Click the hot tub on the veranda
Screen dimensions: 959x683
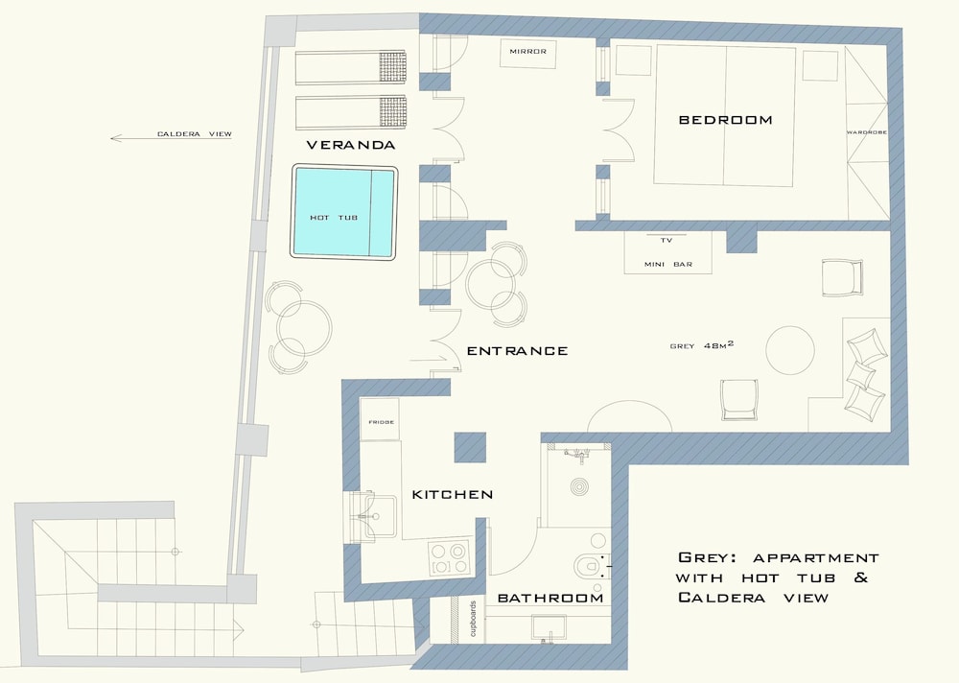[344, 212]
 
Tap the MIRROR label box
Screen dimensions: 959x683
[527, 54]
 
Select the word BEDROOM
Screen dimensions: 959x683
[725, 120]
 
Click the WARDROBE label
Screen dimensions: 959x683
[866, 132]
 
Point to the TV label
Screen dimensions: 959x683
[667, 241]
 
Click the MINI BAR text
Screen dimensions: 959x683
[667, 265]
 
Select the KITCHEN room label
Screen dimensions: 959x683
[453, 494]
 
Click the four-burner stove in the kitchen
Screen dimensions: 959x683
[449, 557]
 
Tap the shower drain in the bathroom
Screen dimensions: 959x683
[580, 487]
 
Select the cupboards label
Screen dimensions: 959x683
[473, 619]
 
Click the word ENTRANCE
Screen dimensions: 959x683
[518, 351]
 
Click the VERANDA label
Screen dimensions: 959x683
[350, 145]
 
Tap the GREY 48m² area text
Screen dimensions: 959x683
[702, 345]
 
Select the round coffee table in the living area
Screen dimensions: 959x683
[790, 350]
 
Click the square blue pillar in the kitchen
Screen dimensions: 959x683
[470, 447]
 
